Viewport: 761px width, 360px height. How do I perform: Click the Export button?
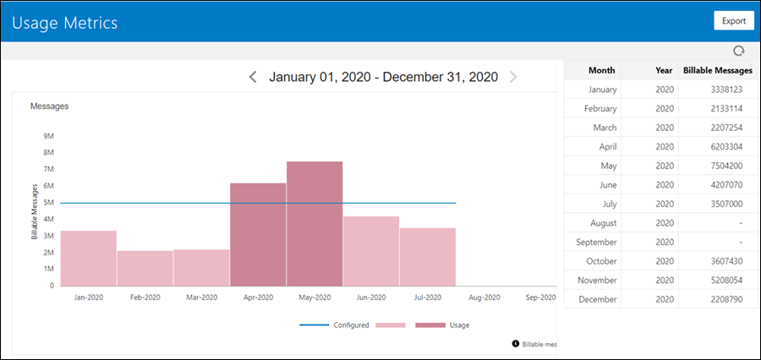733,21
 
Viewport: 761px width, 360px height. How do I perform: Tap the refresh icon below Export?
738,51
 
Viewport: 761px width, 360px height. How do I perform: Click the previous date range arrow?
253,77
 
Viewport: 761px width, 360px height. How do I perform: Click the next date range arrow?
513,77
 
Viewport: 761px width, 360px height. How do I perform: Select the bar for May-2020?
315,224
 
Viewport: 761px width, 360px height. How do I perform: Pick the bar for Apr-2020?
258,234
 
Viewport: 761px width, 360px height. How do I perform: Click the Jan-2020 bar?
88,258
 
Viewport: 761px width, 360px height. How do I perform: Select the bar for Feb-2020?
145,268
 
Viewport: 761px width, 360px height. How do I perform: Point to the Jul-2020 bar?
428,257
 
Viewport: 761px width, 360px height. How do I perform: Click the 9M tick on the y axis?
48,136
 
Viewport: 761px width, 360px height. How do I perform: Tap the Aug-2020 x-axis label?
485,297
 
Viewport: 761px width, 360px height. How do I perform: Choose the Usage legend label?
459,325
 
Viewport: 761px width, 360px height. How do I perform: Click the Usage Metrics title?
64,22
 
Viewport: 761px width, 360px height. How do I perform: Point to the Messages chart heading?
49,106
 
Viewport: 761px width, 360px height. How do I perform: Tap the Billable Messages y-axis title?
35,211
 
